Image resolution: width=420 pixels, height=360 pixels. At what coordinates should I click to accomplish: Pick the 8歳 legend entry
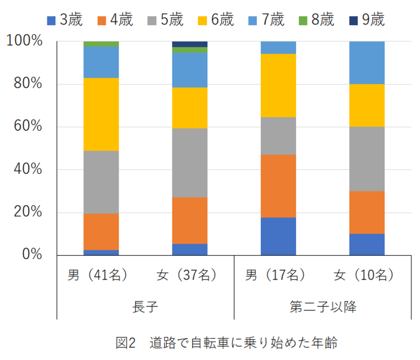tap(317, 21)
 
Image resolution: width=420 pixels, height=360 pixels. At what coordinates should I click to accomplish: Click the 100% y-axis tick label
tap(25, 41)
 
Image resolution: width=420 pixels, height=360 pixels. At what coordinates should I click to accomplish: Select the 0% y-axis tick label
tap(31, 254)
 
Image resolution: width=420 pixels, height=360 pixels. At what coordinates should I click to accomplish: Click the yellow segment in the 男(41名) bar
tap(101, 114)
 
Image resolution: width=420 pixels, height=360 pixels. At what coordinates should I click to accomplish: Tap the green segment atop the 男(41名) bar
tap(101, 44)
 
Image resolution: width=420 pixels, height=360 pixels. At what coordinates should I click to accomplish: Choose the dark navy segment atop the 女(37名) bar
tap(190, 44)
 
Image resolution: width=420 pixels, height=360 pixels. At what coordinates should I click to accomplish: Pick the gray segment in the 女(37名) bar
tap(190, 163)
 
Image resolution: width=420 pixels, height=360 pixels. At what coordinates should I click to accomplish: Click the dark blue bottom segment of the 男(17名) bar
tap(278, 236)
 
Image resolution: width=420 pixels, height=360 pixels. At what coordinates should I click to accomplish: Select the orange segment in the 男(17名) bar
tap(278, 186)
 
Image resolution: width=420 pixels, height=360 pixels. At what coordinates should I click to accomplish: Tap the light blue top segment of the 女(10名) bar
tap(367, 63)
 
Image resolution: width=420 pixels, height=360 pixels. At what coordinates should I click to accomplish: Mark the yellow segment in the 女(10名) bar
tap(367, 105)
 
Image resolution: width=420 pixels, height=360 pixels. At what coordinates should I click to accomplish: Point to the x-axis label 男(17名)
tap(276, 276)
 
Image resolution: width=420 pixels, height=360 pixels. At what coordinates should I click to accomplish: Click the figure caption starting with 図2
tap(226, 343)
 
